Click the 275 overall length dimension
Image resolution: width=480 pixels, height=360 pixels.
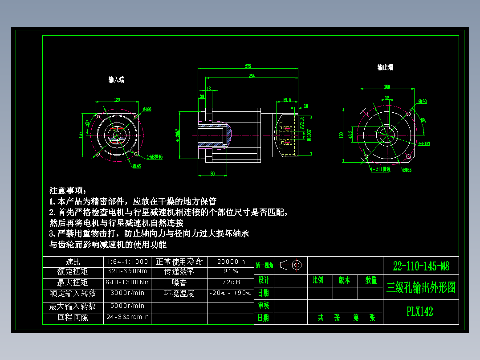point(248,66)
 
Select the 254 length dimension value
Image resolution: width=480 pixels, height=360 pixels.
point(252,76)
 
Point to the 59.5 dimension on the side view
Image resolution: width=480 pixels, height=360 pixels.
point(287,100)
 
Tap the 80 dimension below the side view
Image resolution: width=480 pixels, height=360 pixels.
point(212,173)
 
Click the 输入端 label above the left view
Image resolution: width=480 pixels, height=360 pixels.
point(117,79)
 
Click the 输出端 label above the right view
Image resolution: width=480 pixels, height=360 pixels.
point(385,67)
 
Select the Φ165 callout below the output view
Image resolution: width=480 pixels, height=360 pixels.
point(407,170)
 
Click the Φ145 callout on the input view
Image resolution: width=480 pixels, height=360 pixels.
point(136,166)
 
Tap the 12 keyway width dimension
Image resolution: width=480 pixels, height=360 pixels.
point(386,98)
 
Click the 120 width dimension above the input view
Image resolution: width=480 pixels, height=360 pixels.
point(117,100)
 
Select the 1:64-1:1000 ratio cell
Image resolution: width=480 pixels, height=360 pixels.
point(128,262)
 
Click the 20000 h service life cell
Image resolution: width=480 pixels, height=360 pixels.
point(231,262)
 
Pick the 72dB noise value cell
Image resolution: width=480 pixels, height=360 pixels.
point(231,282)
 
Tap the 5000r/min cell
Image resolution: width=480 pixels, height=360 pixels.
point(128,306)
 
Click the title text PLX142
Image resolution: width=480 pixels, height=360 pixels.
point(419,311)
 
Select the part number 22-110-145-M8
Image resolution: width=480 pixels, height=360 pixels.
point(421,266)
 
